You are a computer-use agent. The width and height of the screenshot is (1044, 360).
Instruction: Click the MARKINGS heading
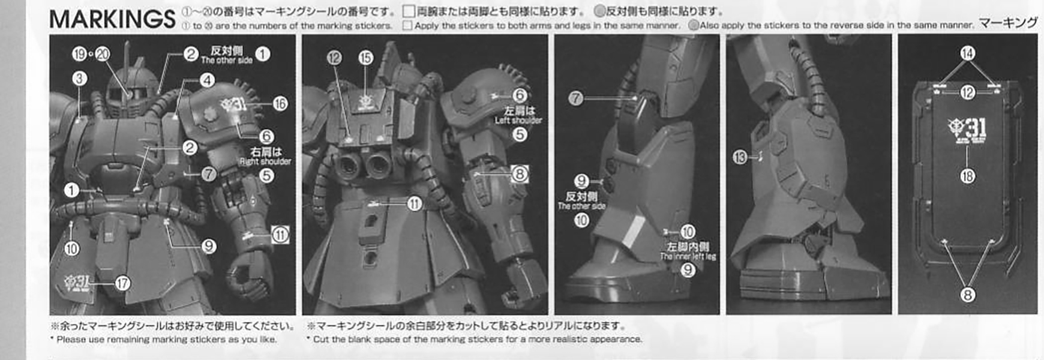pos(112,19)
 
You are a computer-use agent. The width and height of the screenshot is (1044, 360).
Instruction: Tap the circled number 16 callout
pos(280,104)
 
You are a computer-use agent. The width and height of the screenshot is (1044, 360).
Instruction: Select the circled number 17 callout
pos(122,283)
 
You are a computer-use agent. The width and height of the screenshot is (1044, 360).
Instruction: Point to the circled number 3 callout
pos(79,79)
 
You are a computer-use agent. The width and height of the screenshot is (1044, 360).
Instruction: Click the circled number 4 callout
pos(207,80)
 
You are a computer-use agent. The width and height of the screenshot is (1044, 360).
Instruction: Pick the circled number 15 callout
pos(365,58)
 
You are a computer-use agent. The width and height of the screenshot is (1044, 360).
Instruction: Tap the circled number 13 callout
pos(740,158)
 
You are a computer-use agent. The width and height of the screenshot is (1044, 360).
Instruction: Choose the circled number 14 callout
pos(967,53)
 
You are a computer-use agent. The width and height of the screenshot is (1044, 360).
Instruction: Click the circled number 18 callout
pos(967,176)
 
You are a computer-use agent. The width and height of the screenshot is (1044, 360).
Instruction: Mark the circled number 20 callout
pos(103,54)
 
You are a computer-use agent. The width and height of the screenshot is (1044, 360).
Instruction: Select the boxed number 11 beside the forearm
pos(280,235)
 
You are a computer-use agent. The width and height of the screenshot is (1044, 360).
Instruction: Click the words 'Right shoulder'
pos(265,161)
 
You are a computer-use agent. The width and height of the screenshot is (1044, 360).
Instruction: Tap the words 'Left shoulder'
pos(518,121)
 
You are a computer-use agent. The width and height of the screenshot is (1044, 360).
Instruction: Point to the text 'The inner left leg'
pos(688,256)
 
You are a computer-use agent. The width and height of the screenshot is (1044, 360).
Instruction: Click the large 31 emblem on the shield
pos(968,128)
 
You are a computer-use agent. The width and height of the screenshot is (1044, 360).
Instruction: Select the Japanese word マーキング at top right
pos(1008,23)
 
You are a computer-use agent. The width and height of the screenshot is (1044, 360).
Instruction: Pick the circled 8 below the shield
pos(967,295)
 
